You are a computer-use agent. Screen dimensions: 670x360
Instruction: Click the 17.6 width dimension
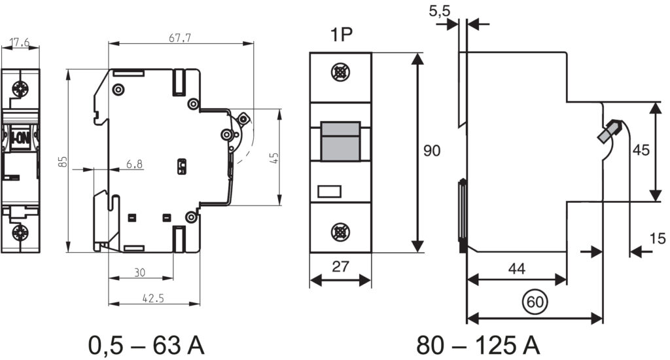click(20, 42)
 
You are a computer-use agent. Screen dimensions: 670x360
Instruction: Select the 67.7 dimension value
click(180, 37)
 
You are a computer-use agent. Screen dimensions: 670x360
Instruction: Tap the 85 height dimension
click(63, 161)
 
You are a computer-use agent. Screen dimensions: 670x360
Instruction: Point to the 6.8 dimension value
click(135, 164)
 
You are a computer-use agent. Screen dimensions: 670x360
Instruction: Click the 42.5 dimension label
click(153, 298)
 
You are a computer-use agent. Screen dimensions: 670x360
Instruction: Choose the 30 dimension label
click(140, 272)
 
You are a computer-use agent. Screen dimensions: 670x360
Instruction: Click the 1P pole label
click(341, 35)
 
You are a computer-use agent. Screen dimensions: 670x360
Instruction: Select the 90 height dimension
click(432, 151)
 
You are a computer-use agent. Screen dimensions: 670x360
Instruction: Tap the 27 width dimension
click(340, 266)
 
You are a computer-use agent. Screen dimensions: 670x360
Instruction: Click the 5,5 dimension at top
click(440, 11)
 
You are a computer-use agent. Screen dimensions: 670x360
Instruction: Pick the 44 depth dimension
click(517, 268)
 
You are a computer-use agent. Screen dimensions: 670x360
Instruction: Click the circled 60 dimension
click(535, 302)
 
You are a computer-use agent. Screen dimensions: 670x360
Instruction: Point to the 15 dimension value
click(658, 238)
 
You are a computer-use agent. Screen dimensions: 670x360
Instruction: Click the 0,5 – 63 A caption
click(147, 345)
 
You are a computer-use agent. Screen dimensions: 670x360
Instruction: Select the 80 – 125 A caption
click(478, 345)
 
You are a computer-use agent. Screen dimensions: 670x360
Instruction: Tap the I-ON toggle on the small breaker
click(20, 136)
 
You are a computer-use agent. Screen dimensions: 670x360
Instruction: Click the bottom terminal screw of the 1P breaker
click(340, 232)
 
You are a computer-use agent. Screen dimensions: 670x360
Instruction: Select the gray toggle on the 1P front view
click(340, 141)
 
